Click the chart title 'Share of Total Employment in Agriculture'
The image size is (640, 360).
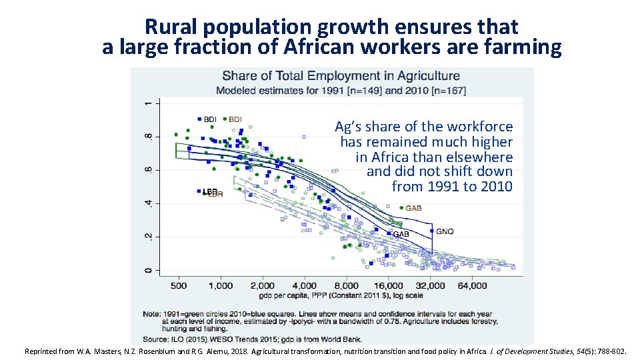[x=341, y=76]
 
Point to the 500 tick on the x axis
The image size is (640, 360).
[x=178, y=285]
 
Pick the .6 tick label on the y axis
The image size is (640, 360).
[x=148, y=170]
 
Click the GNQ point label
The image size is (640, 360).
[x=445, y=231]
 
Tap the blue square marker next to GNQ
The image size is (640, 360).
[x=432, y=231]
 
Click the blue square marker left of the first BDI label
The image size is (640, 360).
[x=199, y=119]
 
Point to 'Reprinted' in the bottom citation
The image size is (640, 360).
[x=43, y=351]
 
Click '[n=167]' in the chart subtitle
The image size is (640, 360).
[x=449, y=90]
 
